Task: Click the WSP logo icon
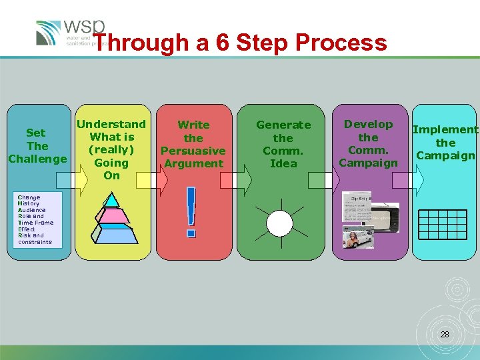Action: tap(48, 33)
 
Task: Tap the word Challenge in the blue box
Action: tap(37, 159)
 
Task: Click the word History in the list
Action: tap(29, 203)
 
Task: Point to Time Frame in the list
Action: tap(35, 223)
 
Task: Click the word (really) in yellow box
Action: tap(111, 149)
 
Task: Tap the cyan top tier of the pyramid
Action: tap(111, 199)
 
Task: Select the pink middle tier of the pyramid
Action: tap(111, 214)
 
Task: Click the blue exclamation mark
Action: tap(192, 212)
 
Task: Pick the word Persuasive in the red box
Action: tap(193, 151)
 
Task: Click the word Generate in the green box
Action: tap(283, 125)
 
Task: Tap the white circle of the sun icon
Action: tap(280, 223)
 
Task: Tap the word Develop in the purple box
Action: tap(368, 124)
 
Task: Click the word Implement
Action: tap(445, 129)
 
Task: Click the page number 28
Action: tap(445, 334)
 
